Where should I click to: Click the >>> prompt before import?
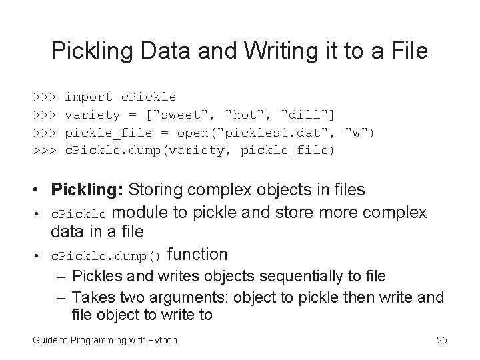pyautogui.click(x=45, y=97)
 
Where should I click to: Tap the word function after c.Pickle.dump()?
pyautogui.click(x=198, y=254)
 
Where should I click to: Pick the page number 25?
pyautogui.click(x=441, y=341)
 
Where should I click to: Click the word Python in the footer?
pyautogui.click(x=163, y=341)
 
